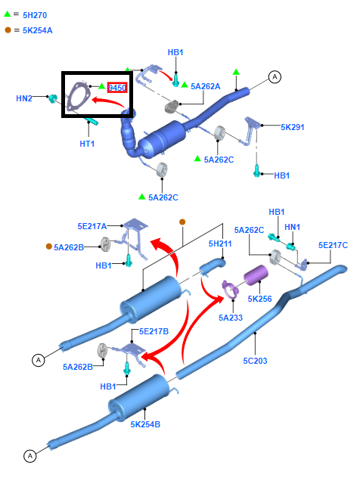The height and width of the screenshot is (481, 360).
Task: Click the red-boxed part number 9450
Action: (116, 88)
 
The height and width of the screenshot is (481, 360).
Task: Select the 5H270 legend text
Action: (35, 15)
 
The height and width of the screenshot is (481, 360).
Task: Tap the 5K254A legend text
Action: (37, 30)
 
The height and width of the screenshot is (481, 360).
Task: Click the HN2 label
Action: (24, 98)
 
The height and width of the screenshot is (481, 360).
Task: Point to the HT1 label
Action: (87, 144)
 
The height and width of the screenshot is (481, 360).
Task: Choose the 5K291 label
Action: (293, 127)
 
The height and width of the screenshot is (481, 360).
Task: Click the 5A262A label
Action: (206, 86)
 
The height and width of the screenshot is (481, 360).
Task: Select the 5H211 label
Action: (220, 244)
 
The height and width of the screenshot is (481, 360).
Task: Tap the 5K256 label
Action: (259, 299)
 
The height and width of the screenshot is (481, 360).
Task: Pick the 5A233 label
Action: (231, 318)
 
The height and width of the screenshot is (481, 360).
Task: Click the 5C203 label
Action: (255, 361)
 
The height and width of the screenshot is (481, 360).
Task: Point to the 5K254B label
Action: (145, 424)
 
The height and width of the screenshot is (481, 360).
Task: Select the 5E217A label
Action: (92, 226)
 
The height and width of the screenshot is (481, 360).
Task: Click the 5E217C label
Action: (333, 245)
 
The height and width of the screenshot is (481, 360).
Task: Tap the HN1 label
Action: (292, 228)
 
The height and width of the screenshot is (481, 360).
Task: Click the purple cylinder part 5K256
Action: (256, 275)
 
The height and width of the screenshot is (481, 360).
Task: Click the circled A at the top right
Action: (275, 76)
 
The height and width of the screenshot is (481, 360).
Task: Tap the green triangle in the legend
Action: (7, 14)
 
